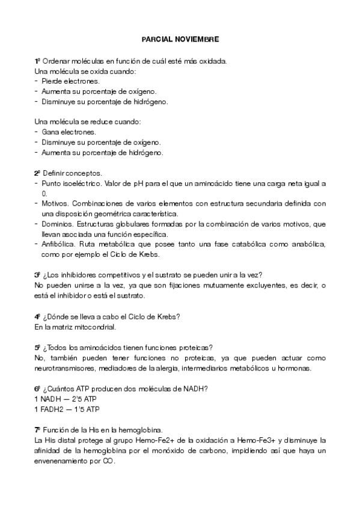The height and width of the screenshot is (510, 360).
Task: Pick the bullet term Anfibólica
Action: click(58, 245)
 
